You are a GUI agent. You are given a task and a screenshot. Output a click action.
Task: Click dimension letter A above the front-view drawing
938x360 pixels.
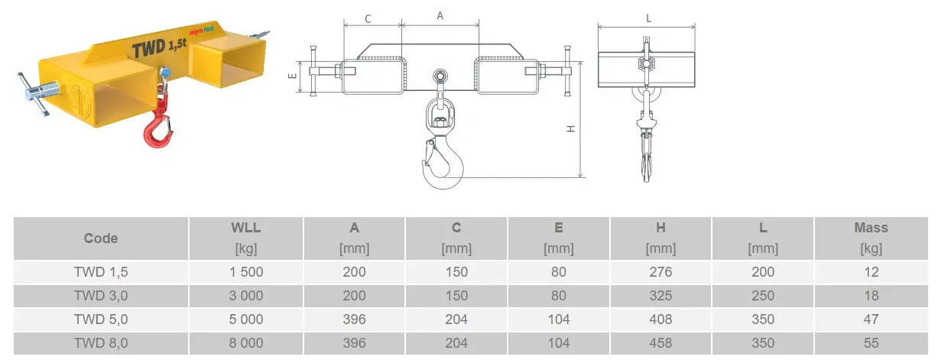tap(440, 16)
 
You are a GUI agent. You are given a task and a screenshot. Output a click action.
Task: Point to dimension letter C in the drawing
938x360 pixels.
tap(368, 19)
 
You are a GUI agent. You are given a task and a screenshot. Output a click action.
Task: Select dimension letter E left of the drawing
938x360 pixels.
tap(293, 76)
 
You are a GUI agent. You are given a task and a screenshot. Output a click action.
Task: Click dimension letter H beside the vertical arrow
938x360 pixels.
tap(570, 129)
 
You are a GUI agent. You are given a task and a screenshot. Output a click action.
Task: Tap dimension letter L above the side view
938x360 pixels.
tap(648, 18)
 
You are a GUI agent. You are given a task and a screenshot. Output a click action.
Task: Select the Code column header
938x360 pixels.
tap(100, 238)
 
